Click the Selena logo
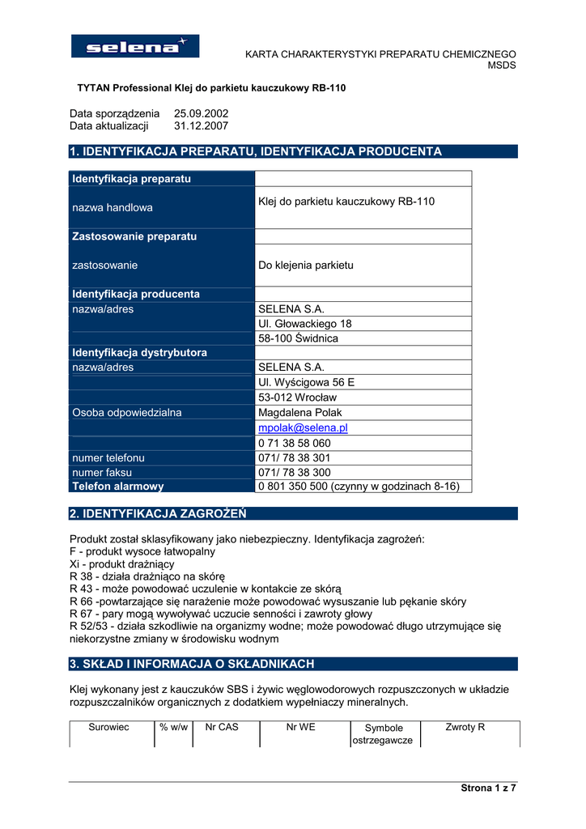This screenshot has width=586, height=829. (x=135, y=46)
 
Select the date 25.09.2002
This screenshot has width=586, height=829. (x=201, y=113)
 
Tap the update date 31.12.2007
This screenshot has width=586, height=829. (x=201, y=126)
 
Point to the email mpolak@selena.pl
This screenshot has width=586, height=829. (x=303, y=427)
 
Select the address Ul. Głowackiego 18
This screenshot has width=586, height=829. (x=304, y=324)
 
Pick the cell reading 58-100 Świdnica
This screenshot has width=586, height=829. (x=298, y=338)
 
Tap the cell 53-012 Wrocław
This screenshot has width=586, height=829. (x=297, y=397)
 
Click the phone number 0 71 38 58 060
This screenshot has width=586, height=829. (x=294, y=443)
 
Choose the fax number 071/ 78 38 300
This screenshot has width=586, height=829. (x=294, y=472)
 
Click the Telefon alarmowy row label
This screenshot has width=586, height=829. (x=118, y=487)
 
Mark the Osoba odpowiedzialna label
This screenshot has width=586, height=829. (x=127, y=412)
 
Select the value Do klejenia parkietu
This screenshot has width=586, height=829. (x=305, y=265)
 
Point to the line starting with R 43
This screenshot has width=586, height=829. (x=206, y=589)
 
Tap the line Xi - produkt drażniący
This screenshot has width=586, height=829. (x=122, y=563)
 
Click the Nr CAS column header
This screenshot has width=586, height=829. (x=222, y=727)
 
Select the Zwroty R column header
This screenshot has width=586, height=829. (x=465, y=727)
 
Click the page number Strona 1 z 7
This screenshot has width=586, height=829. (x=488, y=788)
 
